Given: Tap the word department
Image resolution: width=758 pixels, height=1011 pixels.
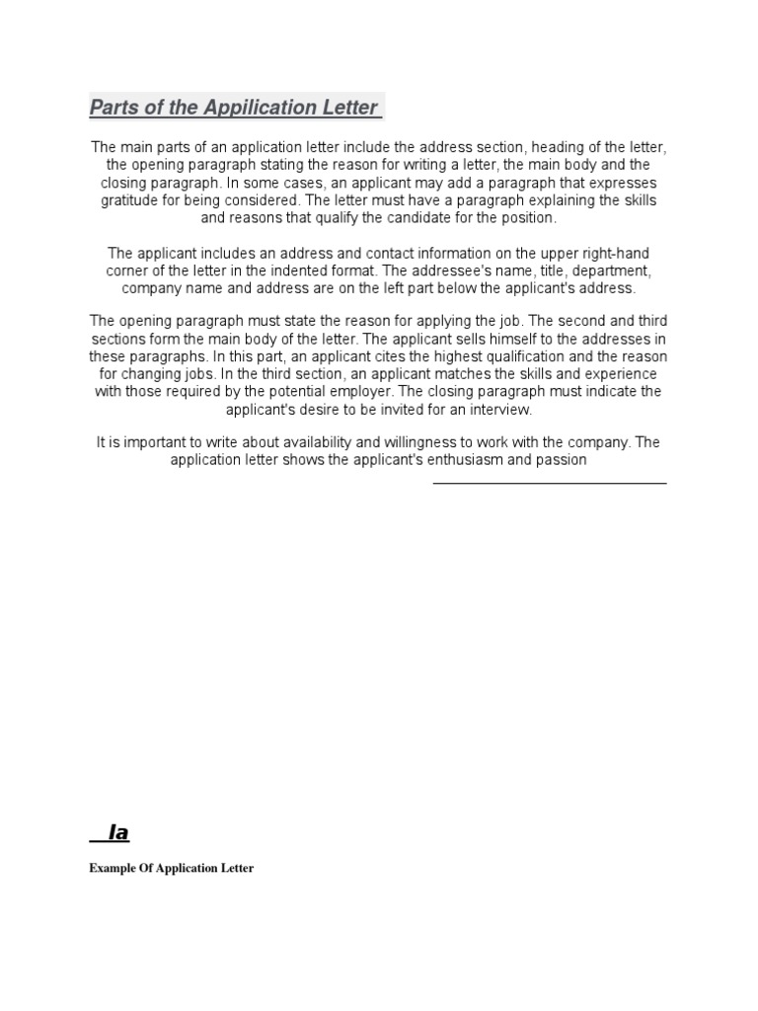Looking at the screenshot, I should [607, 271].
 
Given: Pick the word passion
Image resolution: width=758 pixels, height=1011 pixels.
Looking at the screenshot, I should [562, 459].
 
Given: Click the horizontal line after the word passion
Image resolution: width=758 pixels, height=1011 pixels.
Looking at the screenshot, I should [550, 483].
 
